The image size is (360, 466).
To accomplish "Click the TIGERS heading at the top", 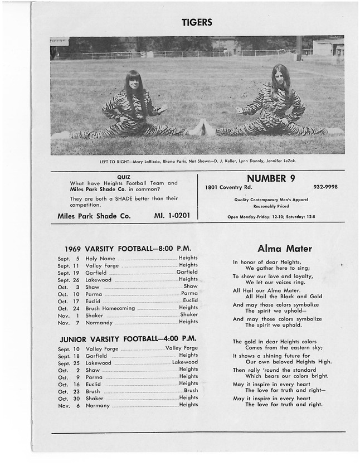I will (196, 23).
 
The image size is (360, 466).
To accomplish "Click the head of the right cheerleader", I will (278, 79).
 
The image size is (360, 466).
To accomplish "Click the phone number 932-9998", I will (325, 188).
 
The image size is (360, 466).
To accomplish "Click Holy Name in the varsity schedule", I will (100, 259).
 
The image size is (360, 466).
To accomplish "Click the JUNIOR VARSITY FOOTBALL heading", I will (127, 338).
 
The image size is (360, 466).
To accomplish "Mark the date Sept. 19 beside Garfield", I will (69, 273).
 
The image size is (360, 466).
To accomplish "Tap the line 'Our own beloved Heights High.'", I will (280, 362).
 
